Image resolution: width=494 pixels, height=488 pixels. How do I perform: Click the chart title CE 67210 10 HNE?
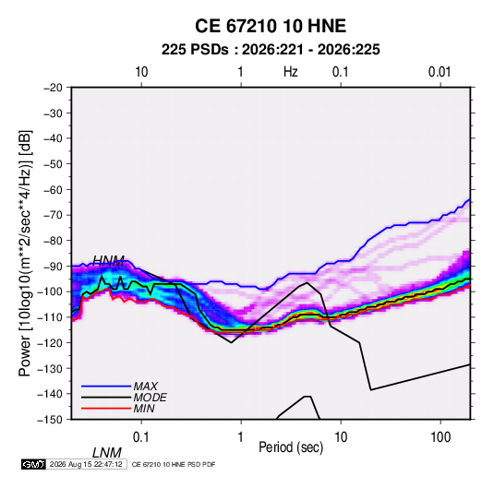coord(271,26)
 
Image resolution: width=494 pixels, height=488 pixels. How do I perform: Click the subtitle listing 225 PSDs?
coord(271,50)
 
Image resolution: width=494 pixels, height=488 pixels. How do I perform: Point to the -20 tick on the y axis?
coord(53,88)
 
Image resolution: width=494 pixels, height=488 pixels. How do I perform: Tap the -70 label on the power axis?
coord(53,215)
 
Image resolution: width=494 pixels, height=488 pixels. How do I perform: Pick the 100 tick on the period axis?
coord(440,437)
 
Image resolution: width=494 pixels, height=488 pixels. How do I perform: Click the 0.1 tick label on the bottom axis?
coord(141,437)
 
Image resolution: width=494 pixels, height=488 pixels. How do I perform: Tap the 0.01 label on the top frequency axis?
coord(440,72)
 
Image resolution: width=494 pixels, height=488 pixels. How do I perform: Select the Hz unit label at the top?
coord(291,72)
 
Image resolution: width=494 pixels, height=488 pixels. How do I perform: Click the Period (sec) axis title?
coord(291,447)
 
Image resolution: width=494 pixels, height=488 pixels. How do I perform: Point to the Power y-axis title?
coord(25,254)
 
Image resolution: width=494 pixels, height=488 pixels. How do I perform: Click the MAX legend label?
coord(145,387)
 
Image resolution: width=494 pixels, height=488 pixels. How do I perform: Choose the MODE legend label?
coord(150,398)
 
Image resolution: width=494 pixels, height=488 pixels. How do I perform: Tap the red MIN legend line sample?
coord(106,409)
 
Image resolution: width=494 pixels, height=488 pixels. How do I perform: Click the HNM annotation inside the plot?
coord(109,260)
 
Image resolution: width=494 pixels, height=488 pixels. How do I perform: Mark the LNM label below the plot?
coord(107,453)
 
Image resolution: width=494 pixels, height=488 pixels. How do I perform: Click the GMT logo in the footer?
coord(34,464)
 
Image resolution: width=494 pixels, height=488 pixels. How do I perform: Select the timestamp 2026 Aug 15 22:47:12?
coord(86,464)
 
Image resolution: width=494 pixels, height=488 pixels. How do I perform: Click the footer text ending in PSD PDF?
coord(174,464)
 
